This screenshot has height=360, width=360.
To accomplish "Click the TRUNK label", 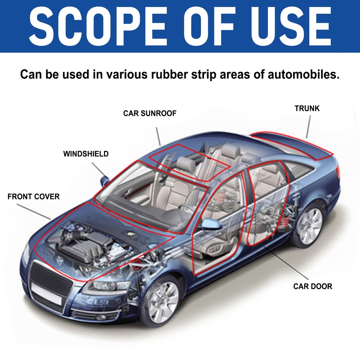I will click(x=307, y=108).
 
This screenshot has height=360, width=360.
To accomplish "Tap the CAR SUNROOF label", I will click(x=149, y=114).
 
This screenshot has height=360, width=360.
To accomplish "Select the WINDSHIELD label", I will click(x=86, y=154).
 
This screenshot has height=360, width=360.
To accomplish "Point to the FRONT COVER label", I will click(x=33, y=197).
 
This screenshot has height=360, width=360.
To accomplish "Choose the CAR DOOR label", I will click(x=313, y=287).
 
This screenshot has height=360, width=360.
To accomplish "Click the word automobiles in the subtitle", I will click(x=303, y=75).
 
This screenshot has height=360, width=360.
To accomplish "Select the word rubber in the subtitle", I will click(x=166, y=75).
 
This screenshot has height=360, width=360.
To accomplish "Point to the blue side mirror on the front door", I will click(x=211, y=224).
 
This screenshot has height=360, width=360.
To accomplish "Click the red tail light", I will click(x=338, y=172).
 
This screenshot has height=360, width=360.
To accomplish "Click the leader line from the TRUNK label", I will click(x=309, y=127).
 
